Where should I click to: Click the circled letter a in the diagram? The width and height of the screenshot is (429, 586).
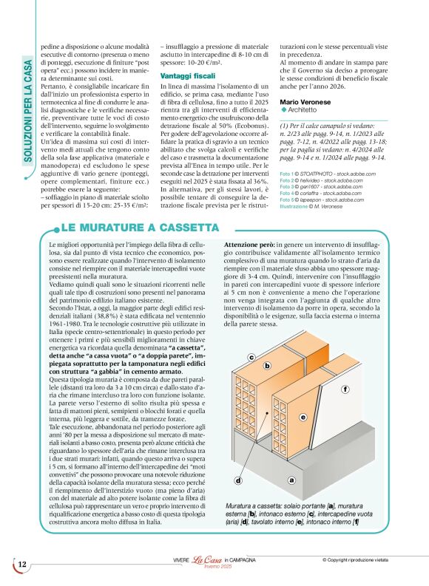(291, 480)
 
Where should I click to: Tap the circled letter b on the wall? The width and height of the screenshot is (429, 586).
(266, 366)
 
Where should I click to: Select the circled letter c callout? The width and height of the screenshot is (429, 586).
(251, 358)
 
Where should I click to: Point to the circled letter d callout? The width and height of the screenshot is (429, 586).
(239, 480)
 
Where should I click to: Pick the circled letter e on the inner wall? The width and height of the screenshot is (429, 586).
(303, 418)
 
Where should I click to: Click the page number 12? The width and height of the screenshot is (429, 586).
(22, 565)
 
